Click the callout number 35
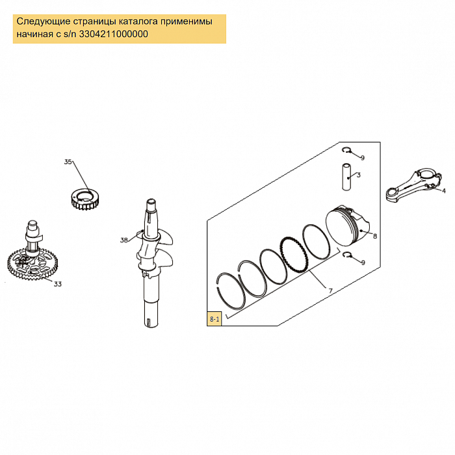pos(68,162)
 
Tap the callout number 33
pos(58,284)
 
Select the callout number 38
pos(124,240)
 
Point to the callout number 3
pos(359,175)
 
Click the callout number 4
pos(444,190)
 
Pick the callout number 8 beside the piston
pos(374,236)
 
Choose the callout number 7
pos(330,291)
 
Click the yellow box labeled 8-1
pos(214,319)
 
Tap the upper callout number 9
pos(363,158)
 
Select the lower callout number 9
pos(363,263)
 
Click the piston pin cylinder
pos(346,177)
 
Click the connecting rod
pos(413,184)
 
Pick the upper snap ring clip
pos(346,150)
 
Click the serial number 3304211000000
pos(114,34)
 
